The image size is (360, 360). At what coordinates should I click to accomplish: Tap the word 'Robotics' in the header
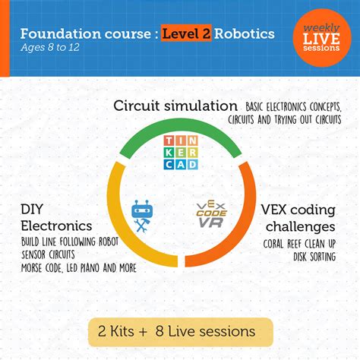[246, 34]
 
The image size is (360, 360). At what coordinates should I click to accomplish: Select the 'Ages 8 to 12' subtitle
[52, 50]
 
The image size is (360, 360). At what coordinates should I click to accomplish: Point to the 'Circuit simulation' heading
[175, 105]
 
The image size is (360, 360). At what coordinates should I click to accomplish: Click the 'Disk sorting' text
[314, 256]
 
